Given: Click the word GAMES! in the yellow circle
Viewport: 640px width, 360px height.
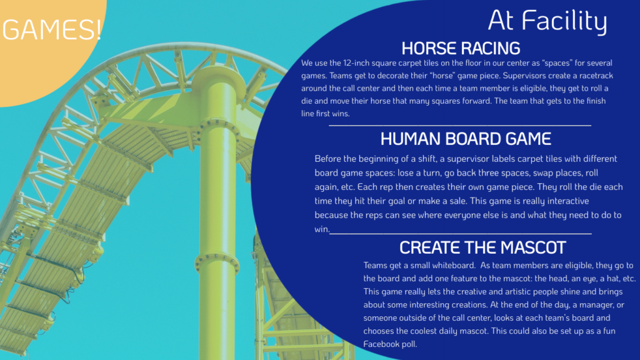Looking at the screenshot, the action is [51, 29].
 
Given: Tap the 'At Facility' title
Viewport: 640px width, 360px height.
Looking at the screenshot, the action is [547, 21].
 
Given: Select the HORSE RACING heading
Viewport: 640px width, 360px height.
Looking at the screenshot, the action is [461, 49].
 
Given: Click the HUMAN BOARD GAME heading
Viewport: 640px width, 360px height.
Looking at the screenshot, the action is [466, 139].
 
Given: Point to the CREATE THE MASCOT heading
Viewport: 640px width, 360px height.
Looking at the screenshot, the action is [482, 247].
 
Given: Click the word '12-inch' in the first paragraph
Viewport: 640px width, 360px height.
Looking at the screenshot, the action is [357, 63].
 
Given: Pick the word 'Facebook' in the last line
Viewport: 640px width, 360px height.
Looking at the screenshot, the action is [381, 344].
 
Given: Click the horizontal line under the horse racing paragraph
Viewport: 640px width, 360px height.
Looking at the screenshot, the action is [460, 125].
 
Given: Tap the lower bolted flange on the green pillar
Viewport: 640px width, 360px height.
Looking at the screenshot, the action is [217, 261].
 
